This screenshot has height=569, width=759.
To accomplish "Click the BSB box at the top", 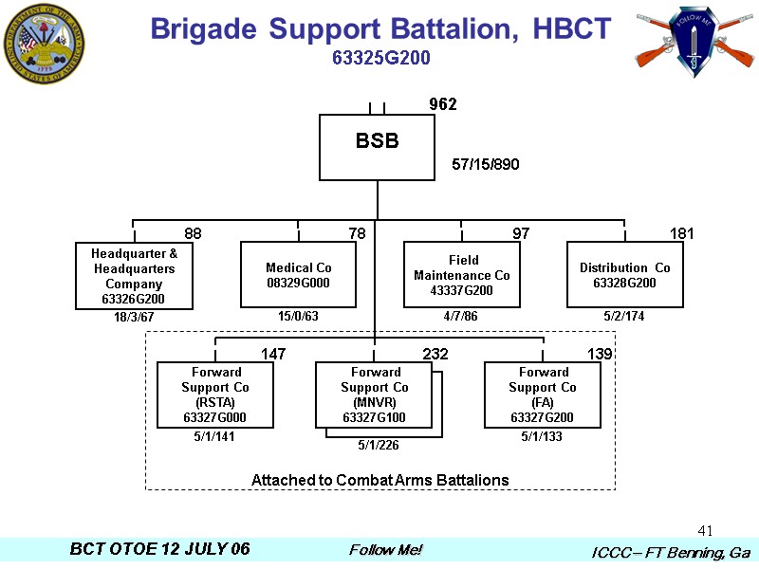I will point(377,147).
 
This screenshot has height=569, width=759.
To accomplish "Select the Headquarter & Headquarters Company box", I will point(134,276).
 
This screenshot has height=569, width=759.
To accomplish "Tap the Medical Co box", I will point(298,275).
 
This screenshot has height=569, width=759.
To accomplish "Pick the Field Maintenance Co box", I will point(461,275).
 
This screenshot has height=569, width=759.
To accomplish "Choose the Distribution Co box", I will point(624,275).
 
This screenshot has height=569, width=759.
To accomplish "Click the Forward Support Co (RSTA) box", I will point(215,395).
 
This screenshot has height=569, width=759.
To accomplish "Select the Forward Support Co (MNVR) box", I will point(374,395).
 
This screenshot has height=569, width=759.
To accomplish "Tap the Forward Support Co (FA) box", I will point(542,395).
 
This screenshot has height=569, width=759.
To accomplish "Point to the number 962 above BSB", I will point(443,104).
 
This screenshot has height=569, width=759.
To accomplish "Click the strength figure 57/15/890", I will point(486,165).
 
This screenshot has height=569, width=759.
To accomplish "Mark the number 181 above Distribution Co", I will point(682,233).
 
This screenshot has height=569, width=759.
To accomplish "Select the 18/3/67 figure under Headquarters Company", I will point(134,317).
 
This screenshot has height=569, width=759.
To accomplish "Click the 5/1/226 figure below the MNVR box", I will point(379,444).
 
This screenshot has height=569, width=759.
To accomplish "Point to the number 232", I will point(435,354).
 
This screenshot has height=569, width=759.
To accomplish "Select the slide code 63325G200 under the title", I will point(381,58).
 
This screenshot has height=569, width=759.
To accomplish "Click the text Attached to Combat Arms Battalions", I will point(379,480).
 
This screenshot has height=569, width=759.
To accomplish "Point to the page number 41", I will point(704,530).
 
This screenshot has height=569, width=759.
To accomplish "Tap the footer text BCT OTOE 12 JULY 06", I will point(159,550).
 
